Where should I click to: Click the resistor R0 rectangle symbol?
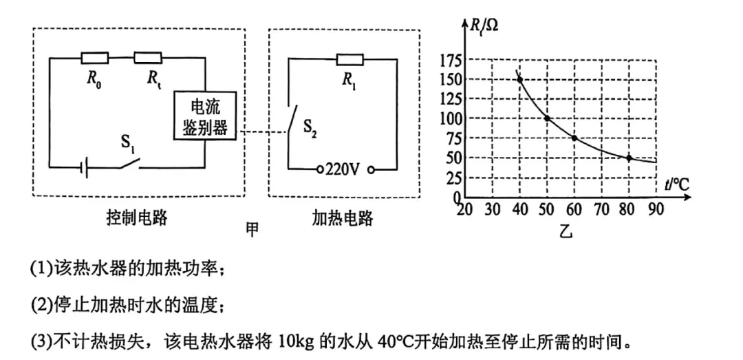[x=94, y=57]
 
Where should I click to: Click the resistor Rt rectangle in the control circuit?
[x=147, y=57]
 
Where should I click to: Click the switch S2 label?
[x=310, y=131]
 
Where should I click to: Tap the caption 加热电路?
[x=342, y=219]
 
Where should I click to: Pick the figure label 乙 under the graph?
[x=565, y=231]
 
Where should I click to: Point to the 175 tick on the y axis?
[x=449, y=61]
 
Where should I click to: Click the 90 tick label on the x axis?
[x=656, y=209]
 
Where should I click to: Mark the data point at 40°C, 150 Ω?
[x=519, y=80]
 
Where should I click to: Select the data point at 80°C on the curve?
[x=629, y=158]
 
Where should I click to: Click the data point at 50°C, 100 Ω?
[x=547, y=118]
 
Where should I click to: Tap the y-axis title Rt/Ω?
[x=485, y=26]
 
